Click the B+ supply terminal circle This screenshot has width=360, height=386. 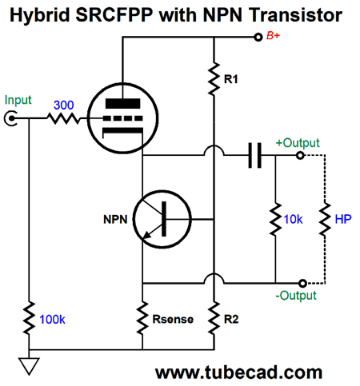258,37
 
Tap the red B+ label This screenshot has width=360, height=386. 273,36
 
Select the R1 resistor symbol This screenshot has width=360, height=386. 214,79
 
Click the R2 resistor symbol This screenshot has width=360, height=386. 214,318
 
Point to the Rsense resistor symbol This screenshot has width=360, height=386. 142,318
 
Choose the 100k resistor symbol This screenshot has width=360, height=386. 29,318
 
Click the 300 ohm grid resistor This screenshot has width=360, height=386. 63,118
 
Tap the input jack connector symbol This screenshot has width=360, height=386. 10,118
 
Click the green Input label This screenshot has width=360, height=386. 18,101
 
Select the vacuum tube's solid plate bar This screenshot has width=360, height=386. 122,103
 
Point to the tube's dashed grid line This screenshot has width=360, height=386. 122,118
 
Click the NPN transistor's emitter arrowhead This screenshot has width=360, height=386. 147,235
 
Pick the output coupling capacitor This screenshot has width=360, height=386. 254,155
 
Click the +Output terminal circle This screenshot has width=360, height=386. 300,155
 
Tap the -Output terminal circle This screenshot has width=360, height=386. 302,283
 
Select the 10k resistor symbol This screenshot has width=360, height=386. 275,219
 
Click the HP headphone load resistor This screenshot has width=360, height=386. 325,219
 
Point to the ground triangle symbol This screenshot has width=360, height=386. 29,366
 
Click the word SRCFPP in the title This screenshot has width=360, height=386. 114,14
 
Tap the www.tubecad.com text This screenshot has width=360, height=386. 238,372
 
